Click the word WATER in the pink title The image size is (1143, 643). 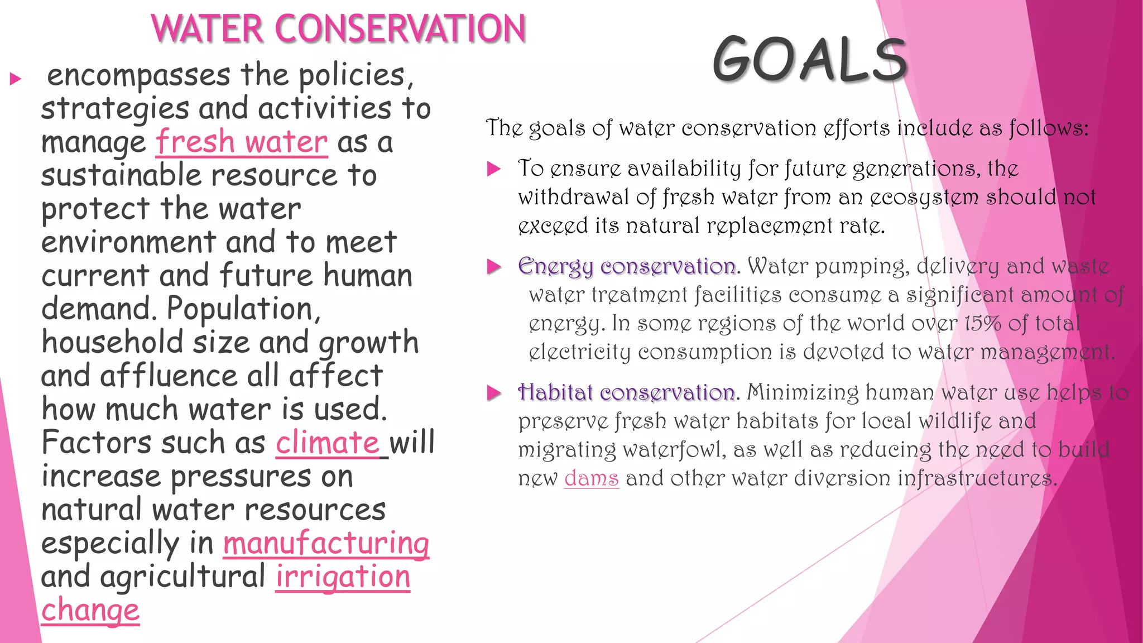206,29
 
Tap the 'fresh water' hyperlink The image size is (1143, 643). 241,142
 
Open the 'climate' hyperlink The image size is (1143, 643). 328,443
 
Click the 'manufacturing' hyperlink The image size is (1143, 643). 326,544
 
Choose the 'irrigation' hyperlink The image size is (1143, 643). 343,577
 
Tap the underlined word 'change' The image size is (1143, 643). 90,611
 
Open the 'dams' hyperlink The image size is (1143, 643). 592,478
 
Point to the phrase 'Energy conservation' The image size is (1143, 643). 626,267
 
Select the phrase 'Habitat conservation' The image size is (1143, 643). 626,393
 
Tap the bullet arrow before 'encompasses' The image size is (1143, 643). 16,79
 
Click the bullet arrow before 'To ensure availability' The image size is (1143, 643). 494,169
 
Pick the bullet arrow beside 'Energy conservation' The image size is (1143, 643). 494,267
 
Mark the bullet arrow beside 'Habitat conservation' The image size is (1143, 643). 494,393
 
